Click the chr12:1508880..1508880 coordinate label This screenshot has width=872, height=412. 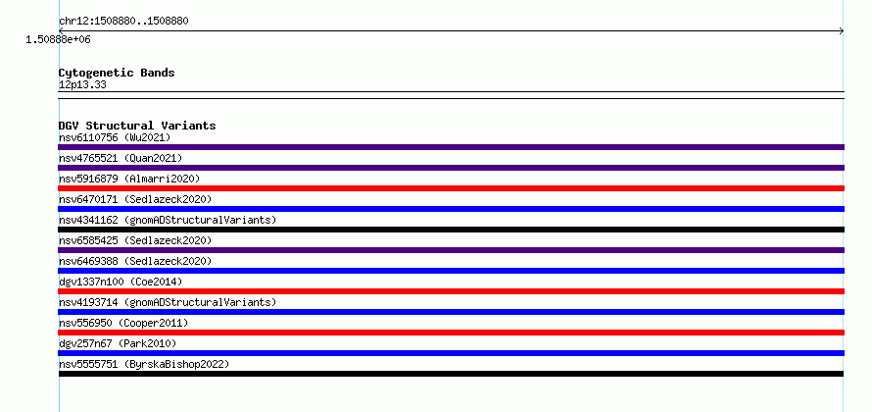point(123,22)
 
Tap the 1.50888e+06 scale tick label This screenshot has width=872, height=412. point(58,40)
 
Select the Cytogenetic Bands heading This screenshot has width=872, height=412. point(117,73)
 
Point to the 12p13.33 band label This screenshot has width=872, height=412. point(82,85)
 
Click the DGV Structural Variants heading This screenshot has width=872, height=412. point(137,126)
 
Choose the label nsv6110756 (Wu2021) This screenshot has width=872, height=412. point(115,137)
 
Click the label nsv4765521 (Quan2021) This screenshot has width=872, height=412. point(121,158)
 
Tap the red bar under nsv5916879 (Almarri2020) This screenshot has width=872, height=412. point(451,188)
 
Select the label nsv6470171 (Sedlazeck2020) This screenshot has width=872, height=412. point(135,199)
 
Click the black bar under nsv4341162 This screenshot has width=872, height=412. point(451,230)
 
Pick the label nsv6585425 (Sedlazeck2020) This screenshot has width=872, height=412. point(135,240)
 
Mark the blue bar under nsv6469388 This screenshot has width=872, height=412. point(451,271)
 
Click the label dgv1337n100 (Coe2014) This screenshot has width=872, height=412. point(121,282)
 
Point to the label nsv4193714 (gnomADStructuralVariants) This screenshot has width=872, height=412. point(168,302)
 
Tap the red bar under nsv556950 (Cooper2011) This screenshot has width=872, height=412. point(451,333)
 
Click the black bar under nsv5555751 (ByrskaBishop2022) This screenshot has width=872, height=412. point(451,374)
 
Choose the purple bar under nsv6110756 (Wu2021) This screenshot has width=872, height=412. point(451,147)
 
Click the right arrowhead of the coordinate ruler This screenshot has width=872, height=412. point(842,31)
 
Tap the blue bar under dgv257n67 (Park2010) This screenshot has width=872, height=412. point(451,353)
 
